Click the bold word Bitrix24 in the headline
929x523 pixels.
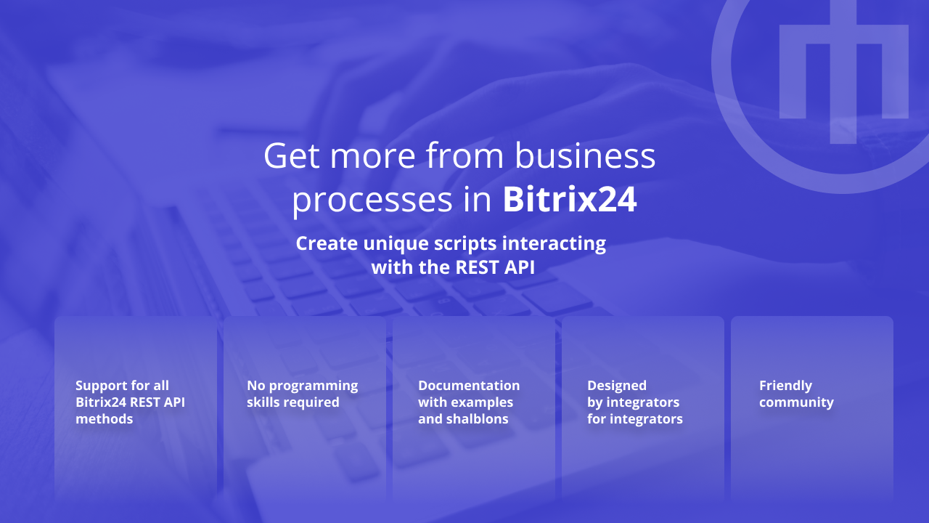pyautogui.click(x=570, y=200)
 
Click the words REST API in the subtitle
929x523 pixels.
pyautogui.click(x=495, y=267)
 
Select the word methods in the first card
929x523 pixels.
pyautogui.click(x=105, y=419)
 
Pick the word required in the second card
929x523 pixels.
pyautogui.click(x=311, y=402)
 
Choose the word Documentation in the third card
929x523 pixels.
pyautogui.click(x=469, y=386)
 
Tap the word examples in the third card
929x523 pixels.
pyautogui.click(x=483, y=402)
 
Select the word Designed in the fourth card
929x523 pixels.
pyautogui.click(x=617, y=386)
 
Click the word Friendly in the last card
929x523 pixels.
pyautogui.click(x=785, y=386)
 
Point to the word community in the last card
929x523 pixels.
pyautogui.click(x=796, y=402)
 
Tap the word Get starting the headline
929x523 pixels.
pyautogui.click(x=290, y=155)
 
